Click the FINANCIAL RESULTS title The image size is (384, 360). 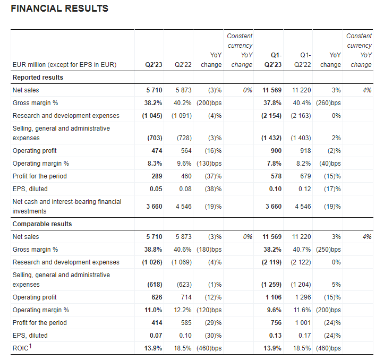click(x=59, y=8)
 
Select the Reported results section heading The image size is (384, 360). click(x=38, y=78)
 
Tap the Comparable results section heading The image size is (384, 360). click(x=42, y=224)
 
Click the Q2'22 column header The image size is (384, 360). click(x=183, y=65)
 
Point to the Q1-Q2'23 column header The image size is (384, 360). click(x=273, y=60)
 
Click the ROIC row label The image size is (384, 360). click(x=22, y=347)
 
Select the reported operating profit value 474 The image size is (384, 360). click(x=157, y=151)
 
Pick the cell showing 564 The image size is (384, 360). click(x=186, y=151)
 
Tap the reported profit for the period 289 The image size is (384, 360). click(x=157, y=176)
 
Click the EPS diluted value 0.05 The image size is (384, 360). click(x=156, y=189)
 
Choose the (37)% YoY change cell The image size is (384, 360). click(x=213, y=176)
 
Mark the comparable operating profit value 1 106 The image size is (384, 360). click(x=274, y=297)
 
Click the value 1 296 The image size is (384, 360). click(x=303, y=297)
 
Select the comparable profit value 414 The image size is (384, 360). click(x=157, y=322)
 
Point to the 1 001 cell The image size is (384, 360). click(x=303, y=322)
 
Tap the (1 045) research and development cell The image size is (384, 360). click(x=152, y=116)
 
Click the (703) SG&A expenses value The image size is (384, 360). click(x=155, y=138)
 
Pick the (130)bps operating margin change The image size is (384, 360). click(x=209, y=164)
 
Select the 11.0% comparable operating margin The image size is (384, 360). click(x=153, y=310)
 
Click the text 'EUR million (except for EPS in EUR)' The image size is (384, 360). click(x=64, y=65)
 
